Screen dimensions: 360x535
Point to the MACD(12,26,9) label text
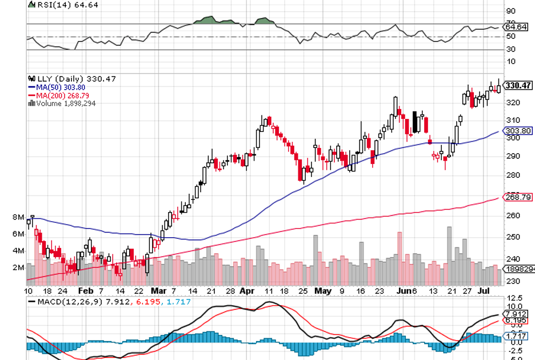[x=69, y=301]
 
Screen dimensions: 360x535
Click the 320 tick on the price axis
[x=512, y=103]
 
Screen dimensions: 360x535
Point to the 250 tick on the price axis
[x=512, y=237]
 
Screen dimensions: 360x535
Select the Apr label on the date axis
[x=246, y=290]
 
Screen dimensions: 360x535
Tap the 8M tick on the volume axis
[x=18, y=218]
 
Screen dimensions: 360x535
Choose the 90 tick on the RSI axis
[x=511, y=11]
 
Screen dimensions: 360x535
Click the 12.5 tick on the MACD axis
[x=514, y=298]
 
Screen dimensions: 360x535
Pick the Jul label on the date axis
[x=484, y=290]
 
